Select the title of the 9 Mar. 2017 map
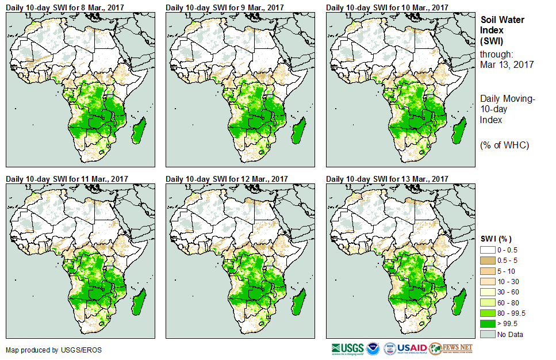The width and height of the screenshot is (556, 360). (225, 7)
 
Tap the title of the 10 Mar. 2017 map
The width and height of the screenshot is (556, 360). (387, 7)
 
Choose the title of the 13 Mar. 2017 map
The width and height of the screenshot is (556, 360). (387, 179)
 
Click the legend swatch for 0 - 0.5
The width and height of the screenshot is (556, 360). (488, 250)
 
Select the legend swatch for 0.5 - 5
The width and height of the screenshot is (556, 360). (488, 260)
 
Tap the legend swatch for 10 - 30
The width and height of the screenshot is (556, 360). (488, 281)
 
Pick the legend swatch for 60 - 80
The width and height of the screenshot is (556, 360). (488, 302)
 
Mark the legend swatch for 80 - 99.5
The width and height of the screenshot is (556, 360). (488, 313)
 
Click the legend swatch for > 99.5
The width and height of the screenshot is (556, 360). (488, 323)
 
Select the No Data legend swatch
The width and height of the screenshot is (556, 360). (488, 334)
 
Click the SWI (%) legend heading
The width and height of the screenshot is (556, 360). (496, 239)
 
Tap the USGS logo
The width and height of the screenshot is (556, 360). (347, 348)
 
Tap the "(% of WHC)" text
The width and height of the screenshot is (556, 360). (504, 145)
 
